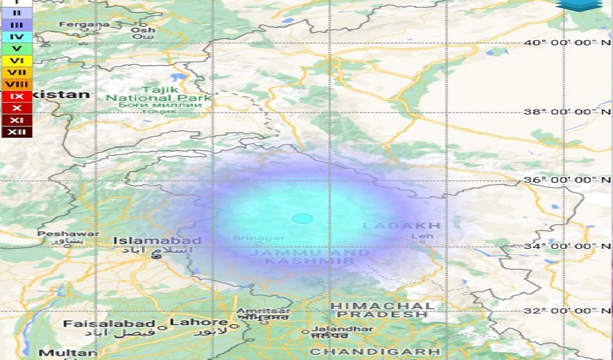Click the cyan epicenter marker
coord(302,219)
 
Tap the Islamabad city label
coord(157,241)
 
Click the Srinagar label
coord(251,238)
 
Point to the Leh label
coord(422,236)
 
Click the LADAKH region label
coord(402,226)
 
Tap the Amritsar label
coord(264,311)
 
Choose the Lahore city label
coord(199,322)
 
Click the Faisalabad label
coord(109,324)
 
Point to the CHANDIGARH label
coord(375,352)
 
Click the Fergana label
coord(84,24)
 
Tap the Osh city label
coord(143,30)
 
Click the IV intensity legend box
coord(16,37)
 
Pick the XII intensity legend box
coord(16,133)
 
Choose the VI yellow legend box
coord(16,61)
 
